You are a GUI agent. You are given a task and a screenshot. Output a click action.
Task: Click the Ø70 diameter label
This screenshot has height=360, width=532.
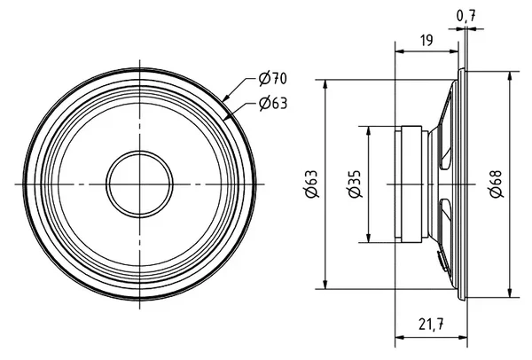click(273, 78)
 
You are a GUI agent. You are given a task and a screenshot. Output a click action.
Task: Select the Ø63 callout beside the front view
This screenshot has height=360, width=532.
click(273, 103)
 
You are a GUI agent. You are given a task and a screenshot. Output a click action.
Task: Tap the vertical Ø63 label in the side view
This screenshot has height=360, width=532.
click(312, 184)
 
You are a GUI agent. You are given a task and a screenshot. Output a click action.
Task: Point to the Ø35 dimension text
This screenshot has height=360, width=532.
click(355, 184)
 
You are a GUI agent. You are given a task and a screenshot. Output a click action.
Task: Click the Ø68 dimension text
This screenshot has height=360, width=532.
click(497, 184)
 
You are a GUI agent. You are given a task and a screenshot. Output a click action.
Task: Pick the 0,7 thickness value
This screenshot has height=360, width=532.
click(466, 16)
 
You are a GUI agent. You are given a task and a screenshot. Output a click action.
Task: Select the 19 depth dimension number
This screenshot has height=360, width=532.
click(426, 41)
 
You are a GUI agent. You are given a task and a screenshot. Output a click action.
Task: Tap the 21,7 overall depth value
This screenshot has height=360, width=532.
click(431, 325)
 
